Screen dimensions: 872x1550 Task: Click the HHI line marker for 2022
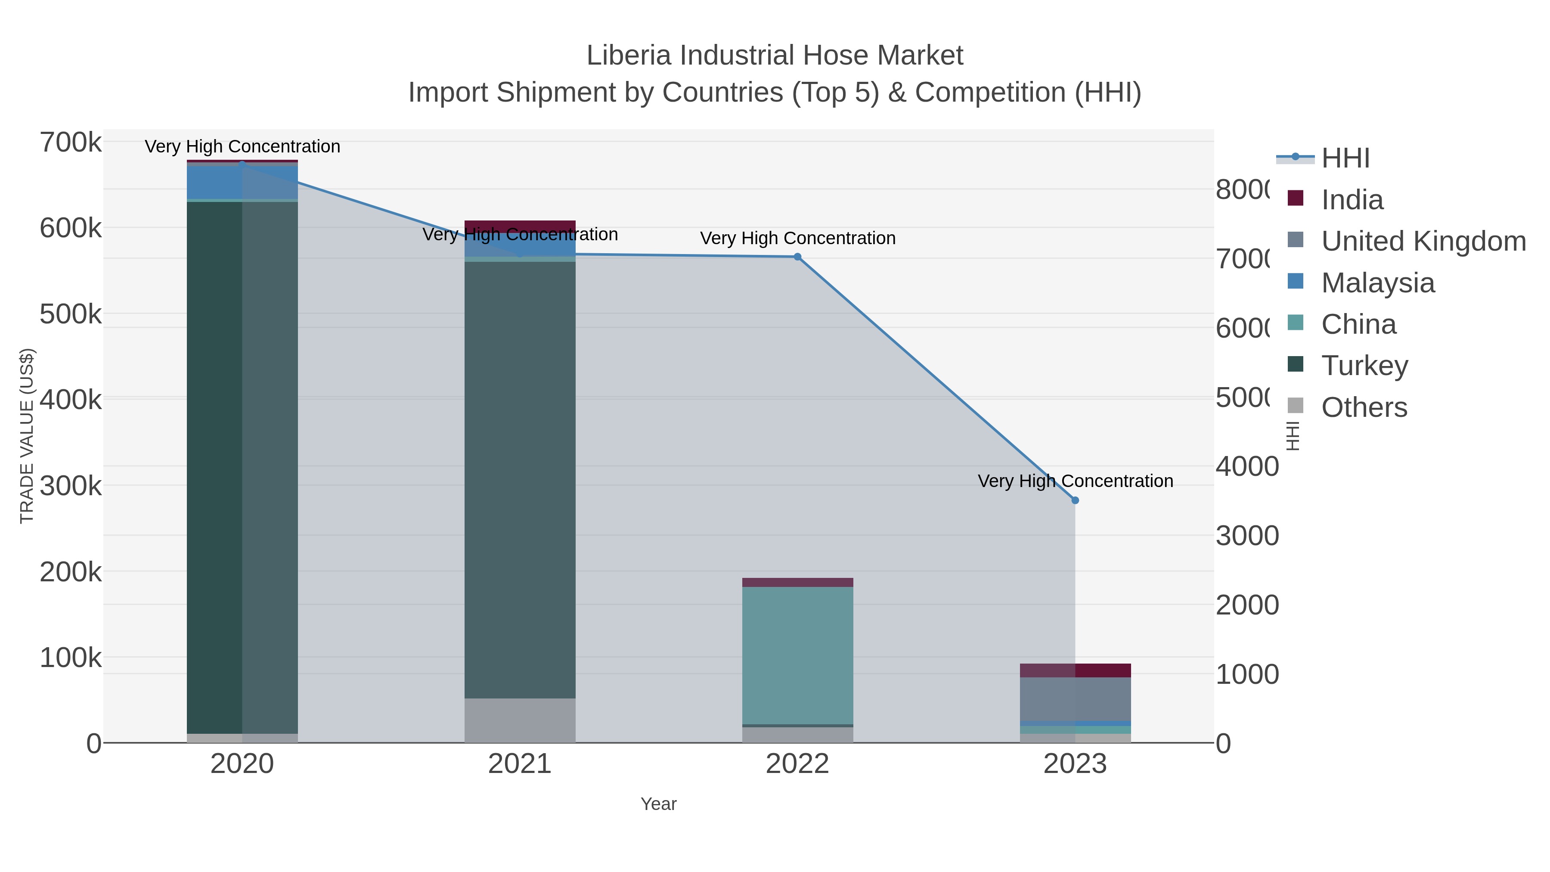coord(797,257)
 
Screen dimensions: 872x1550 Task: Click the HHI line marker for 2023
coord(1075,500)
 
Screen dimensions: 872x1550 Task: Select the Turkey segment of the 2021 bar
coord(520,481)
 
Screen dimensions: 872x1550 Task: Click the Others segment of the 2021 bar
coord(520,720)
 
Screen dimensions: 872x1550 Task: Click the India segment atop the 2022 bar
coord(797,583)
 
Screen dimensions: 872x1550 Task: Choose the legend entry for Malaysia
coord(1377,283)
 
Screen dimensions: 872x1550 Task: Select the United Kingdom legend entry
coord(1423,241)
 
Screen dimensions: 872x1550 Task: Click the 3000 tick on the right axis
coord(1247,536)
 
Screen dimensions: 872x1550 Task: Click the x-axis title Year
coord(658,804)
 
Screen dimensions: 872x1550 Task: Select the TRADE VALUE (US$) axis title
coord(27,436)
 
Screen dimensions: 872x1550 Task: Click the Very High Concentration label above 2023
coord(1075,481)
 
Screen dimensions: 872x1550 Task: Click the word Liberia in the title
coord(628,56)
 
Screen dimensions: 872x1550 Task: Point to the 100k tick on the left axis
coord(71,658)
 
